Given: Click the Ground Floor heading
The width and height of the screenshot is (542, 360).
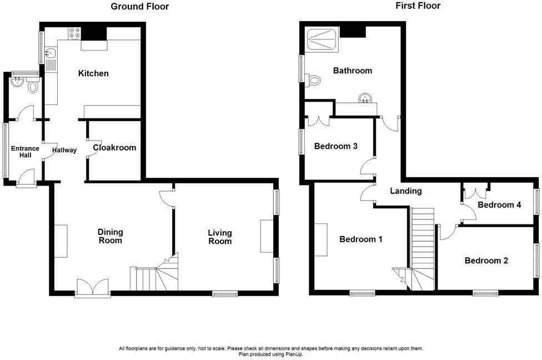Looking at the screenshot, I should pos(139,7).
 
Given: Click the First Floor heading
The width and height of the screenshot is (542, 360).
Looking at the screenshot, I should pos(418,6).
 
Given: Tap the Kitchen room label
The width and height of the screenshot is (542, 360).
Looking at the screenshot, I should pos(93,73).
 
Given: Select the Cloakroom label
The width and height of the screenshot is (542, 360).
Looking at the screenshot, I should pos(114,148).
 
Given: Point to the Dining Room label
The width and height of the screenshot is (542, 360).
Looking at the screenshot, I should pos(110,236).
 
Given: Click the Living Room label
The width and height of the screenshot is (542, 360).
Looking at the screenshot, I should pos(220,237).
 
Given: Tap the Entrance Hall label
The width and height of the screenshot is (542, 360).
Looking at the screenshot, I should pos(26,152).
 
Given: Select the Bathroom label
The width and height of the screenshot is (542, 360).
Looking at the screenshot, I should pos(353,71).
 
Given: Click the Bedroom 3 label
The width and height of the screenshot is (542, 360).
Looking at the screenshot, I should pos(335,146).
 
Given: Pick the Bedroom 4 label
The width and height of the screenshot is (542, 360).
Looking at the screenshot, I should pos(499,204).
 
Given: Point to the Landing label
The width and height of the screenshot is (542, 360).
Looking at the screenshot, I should pos(405,191).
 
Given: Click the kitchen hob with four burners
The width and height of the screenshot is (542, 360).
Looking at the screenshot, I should pos(74,33).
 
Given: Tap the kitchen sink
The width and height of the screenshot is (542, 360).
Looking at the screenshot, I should pos(51,54).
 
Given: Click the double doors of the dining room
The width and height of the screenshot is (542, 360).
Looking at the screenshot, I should pos(93,287).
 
